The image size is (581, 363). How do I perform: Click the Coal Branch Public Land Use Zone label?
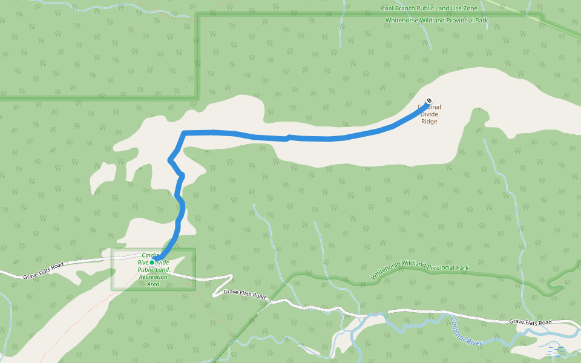(x=429, y=8)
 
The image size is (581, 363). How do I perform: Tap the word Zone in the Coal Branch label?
(x=469, y=8)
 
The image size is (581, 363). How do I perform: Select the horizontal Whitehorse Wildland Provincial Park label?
(x=436, y=21)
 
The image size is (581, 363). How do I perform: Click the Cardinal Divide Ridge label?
(x=429, y=114)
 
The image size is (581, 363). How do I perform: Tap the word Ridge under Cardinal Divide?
(x=429, y=122)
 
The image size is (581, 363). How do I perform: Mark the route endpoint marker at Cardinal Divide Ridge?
(x=429, y=100)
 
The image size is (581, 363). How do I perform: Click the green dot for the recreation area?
(x=152, y=263)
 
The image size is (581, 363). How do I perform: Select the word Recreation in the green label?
(x=153, y=276)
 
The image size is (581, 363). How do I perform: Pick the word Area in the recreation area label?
(x=153, y=284)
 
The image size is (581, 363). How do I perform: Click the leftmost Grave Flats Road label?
(x=43, y=270)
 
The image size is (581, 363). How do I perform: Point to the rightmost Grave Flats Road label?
(x=530, y=322)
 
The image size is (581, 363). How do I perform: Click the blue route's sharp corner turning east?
(x=184, y=132)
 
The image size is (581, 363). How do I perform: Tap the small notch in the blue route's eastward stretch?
(x=288, y=138)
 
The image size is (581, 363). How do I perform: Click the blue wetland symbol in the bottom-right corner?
(x=556, y=351)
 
